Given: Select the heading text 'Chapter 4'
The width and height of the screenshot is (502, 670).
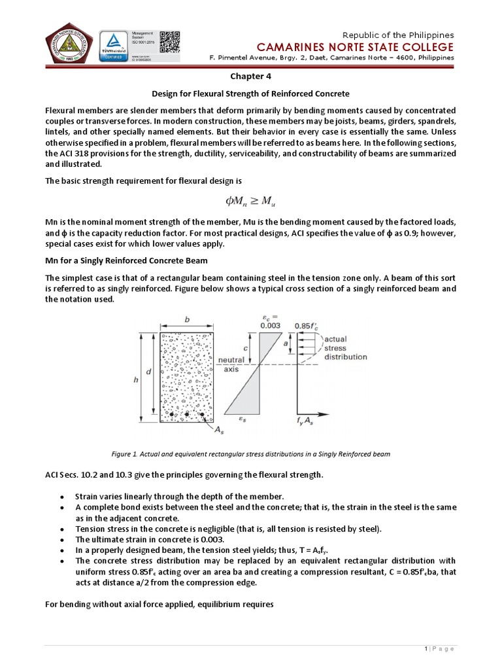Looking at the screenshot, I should pos(250,76).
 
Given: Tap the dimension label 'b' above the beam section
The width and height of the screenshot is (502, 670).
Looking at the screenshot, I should pos(188,320).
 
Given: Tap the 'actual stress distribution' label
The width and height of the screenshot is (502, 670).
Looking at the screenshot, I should pos(345,348).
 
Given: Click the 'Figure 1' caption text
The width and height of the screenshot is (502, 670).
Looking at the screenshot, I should pos(250,454).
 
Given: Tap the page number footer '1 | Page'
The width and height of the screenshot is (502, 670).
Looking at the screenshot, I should pos(439,648).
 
